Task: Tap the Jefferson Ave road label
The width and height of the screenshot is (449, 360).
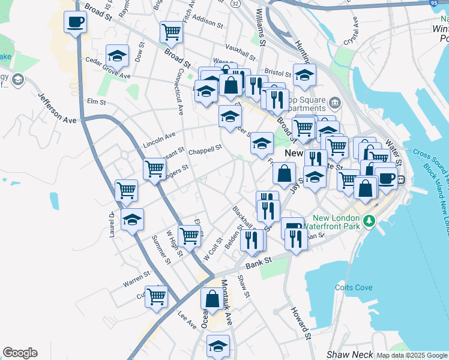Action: [58, 108]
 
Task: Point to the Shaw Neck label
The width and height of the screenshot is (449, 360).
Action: [349, 355]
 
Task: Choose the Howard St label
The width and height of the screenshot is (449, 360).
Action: [300, 322]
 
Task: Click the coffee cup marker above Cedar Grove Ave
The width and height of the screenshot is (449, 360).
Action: [76, 23]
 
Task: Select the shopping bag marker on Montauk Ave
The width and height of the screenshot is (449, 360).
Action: [212, 298]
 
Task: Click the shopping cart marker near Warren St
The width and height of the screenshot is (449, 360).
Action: [157, 296]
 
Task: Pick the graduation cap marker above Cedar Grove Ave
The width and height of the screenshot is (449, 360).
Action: [117, 56]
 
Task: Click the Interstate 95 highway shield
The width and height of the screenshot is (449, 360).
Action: [433, 3]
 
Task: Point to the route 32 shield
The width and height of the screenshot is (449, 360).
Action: [236, 4]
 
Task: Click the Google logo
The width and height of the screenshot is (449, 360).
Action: [20, 353]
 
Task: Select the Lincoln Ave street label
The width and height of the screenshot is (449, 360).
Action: [159, 140]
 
